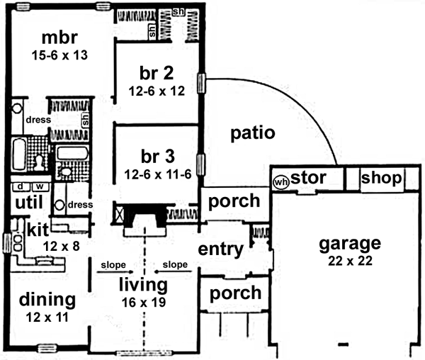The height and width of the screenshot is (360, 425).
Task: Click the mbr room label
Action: coord(59,37)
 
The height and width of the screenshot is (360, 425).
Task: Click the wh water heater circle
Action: coord(280,180)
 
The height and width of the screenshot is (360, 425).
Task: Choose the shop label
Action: coord(381,178)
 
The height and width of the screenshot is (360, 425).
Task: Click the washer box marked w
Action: coord(39,187)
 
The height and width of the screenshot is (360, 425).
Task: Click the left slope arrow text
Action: coord(113,265)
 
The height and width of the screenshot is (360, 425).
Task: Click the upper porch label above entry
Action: coord(234,201)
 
